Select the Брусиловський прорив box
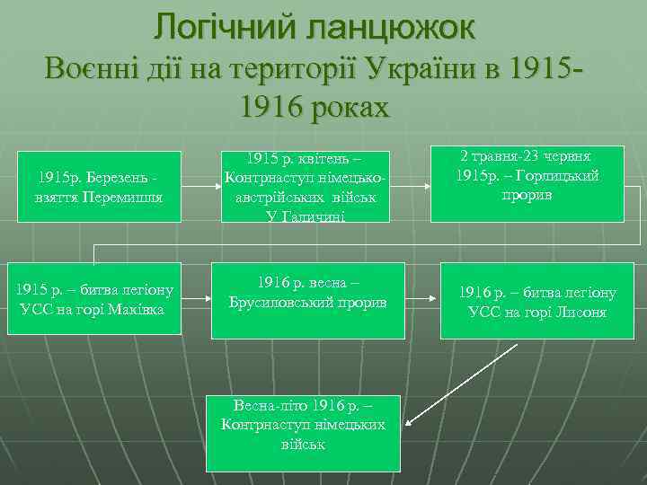306,301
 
